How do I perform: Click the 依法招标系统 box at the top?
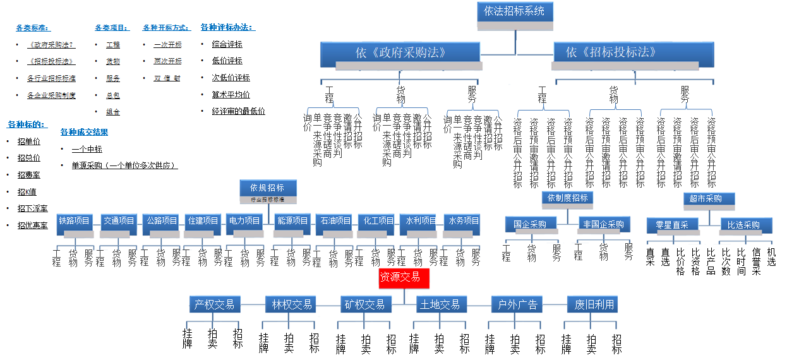(514, 12)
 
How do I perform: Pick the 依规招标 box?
(268, 188)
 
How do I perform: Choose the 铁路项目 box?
(75, 222)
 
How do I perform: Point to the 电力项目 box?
(244, 222)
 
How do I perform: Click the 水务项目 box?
(462, 222)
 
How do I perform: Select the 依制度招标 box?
(567, 198)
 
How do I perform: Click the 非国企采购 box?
(604, 225)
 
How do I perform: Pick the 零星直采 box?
(671, 225)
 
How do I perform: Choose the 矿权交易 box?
(364, 304)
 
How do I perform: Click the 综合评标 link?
(227, 45)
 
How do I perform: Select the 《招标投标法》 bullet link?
(51, 62)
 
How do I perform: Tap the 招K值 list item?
(27, 192)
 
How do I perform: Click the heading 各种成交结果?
(84, 132)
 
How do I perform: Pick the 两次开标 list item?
(167, 61)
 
